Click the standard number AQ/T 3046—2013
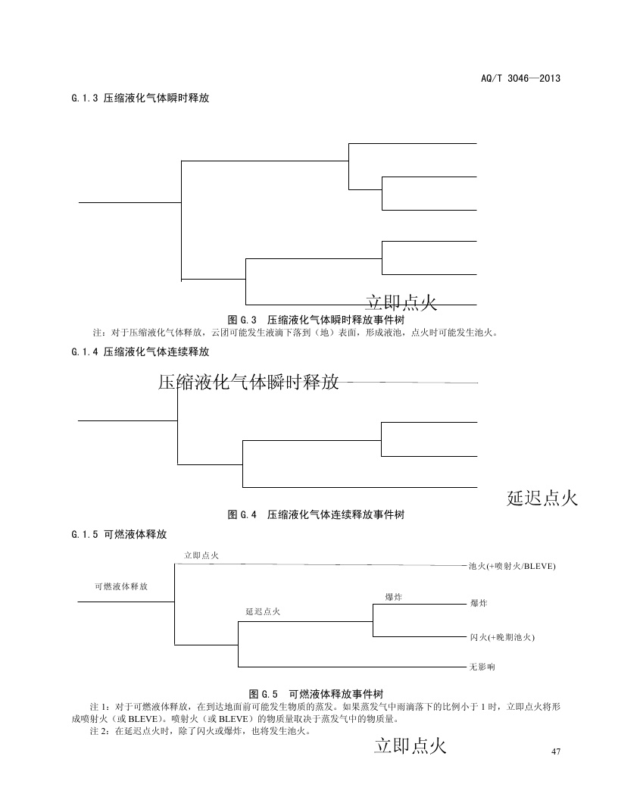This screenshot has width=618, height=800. [x=520, y=79]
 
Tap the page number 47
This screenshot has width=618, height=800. [x=557, y=751]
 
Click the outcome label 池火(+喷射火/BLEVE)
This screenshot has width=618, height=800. [x=512, y=566]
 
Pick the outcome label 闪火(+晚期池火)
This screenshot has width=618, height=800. [x=502, y=638]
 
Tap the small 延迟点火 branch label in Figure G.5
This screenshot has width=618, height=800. [x=263, y=611]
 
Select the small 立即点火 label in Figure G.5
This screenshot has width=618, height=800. [x=201, y=556]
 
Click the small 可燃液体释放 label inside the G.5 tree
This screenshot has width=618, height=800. [x=121, y=586]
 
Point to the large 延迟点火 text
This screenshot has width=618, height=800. [x=542, y=498]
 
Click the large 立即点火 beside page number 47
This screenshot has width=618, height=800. [x=410, y=746]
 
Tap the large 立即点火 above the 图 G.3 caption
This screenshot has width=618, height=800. [x=401, y=303]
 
